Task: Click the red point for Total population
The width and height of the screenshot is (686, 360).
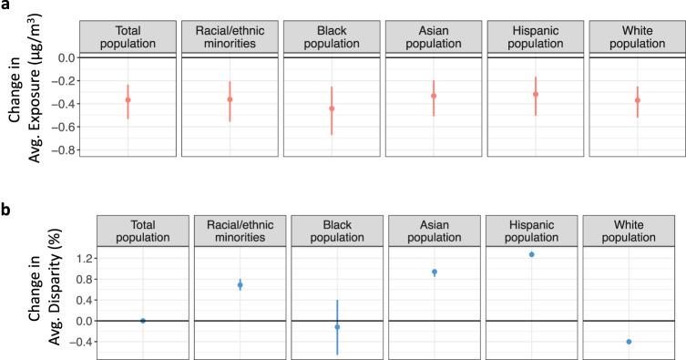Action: coord(128,99)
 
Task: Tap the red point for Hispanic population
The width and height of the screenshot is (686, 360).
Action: coord(536,94)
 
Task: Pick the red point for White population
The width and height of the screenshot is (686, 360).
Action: coord(638,99)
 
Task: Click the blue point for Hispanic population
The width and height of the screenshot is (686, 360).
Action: coord(531,254)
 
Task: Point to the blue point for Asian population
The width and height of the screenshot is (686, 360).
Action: coord(435,272)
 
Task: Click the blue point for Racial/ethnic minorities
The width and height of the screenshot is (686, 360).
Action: coord(240,285)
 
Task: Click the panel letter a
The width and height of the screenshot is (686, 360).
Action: coord(6,6)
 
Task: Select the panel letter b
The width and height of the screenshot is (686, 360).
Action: coord(6,209)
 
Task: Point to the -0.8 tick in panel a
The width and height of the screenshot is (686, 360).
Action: coord(63,149)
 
